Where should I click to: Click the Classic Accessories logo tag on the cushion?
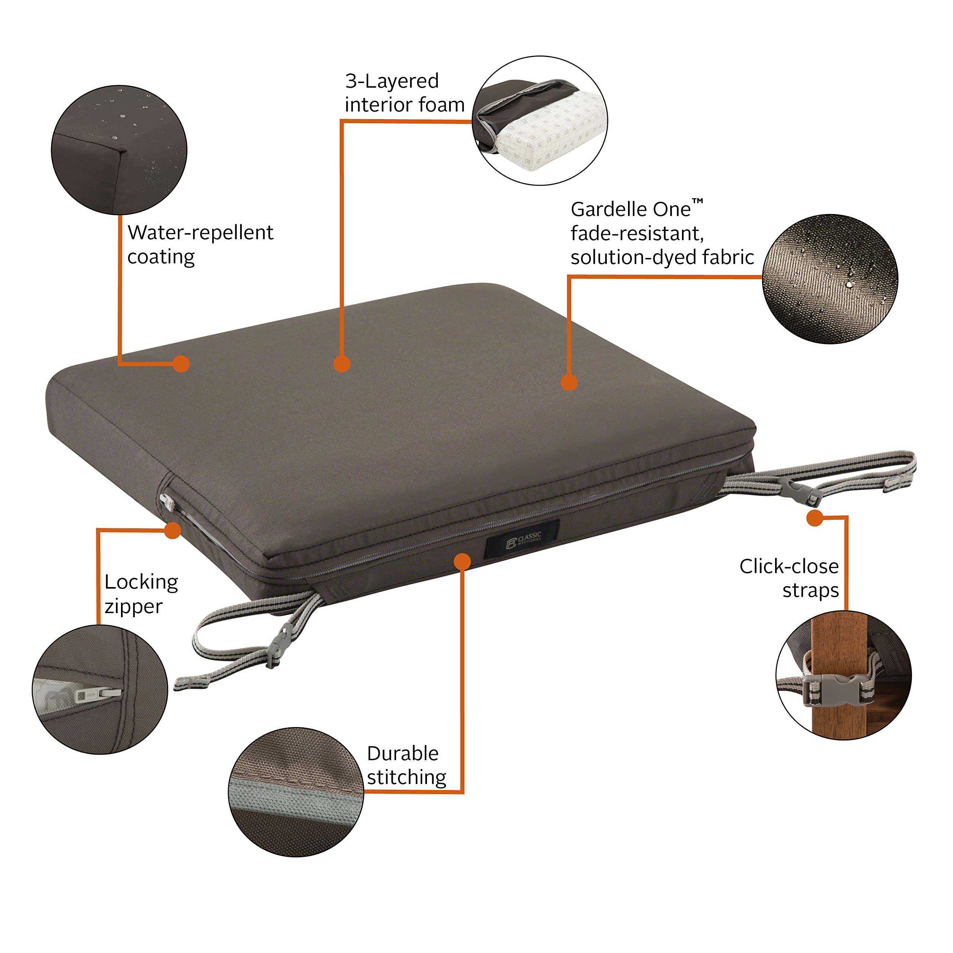click(x=522, y=539)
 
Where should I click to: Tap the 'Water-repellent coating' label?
click(x=200, y=244)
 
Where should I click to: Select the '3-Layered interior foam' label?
click(x=405, y=93)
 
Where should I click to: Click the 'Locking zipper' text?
click(x=141, y=594)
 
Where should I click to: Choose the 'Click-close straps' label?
click(x=789, y=578)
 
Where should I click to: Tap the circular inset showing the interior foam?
click(x=540, y=121)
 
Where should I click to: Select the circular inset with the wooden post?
click(x=844, y=675)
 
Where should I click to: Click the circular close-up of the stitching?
click(x=296, y=792)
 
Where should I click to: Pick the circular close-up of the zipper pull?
click(x=100, y=689)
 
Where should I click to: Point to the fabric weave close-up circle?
click(x=830, y=279)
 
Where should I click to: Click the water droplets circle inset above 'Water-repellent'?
click(x=119, y=150)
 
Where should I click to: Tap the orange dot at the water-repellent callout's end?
click(x=182, y=364)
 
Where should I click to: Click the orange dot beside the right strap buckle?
click(x=815, y=518)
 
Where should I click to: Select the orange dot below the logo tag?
click(x=462, y=561)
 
